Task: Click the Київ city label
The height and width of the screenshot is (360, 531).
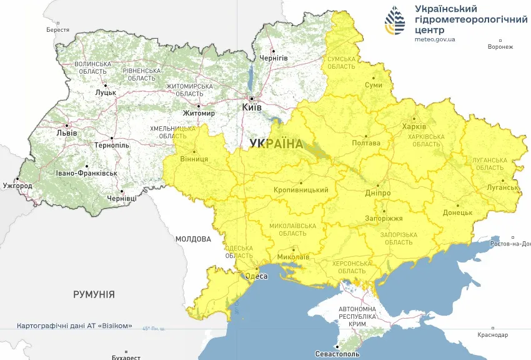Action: [252, 108]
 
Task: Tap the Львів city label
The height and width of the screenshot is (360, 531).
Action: [67, 133]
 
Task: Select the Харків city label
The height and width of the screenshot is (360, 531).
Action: [414, 127]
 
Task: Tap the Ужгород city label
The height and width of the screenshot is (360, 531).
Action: [17, 186]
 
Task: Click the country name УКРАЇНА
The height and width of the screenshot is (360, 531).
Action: [275, 144]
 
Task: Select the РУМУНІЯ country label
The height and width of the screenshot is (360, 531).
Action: [94, 294]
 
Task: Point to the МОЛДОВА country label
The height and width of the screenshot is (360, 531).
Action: [193, 239]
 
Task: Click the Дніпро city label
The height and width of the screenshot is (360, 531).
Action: [378, 193]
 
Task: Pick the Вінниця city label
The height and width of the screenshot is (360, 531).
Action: [194, 159]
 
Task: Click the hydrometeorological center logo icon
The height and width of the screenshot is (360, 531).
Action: [394, 22]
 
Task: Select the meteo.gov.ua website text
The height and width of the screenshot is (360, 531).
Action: [435, 39]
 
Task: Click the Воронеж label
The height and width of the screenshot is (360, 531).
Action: [500, 47]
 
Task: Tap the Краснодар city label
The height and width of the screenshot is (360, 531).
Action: [492, 336]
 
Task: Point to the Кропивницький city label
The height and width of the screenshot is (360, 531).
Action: [300, 190]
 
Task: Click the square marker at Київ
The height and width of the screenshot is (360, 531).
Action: [252, 99]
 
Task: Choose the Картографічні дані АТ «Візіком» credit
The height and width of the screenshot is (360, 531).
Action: [74, 326]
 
